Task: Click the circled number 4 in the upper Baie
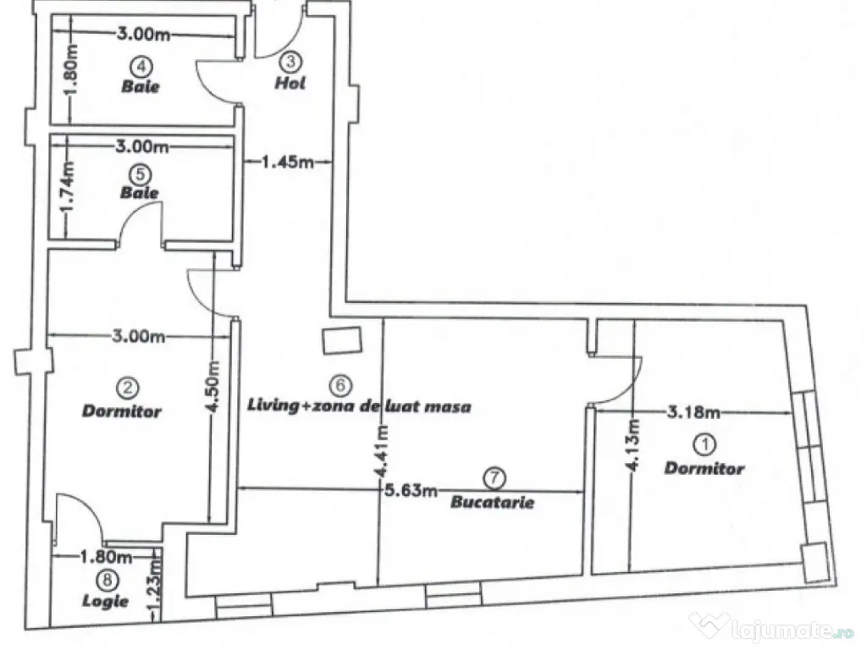[x=141, y=66]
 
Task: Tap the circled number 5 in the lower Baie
[x=141, y=174]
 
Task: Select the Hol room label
[x=290, y=83]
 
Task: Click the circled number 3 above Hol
[x=290, y=62]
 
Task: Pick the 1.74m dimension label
[x=71, y=181]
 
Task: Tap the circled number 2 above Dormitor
[x=128, y=388]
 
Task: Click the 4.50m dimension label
[x=213, y=387]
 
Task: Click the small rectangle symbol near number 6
[x=342, y=339]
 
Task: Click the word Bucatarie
[x=493, y=502]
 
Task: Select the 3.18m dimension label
[x=694, y=413]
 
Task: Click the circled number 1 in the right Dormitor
[x=704, y=443]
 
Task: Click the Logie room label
[x=107, y=601]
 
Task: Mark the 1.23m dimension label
[x=155, y=593]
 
